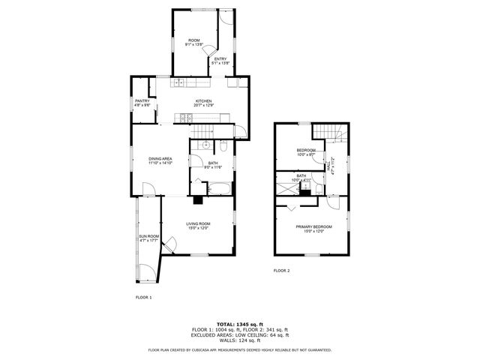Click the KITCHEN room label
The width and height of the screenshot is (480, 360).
coord(203,101)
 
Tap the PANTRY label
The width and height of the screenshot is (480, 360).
coord(142,101)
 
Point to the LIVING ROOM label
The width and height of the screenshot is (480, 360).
coord(198,223)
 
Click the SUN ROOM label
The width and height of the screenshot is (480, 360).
coord(148,237)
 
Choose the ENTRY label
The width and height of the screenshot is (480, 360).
coord(220,58)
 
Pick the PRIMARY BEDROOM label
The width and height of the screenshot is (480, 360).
coord(313,226)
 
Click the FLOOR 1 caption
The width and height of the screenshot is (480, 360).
coord(143,298)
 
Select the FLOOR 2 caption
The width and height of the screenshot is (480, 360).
coord(281,270)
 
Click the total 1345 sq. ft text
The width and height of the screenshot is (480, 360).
coord(239,324)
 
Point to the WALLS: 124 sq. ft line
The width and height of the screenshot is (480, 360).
coord(239,340)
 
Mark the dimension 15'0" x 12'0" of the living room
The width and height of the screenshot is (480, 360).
coord(198,228)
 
